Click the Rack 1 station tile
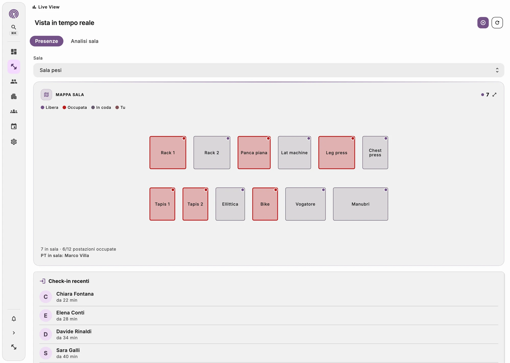tap(168, 152)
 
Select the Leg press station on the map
tap(337, 152)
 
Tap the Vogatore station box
tap(305, 204)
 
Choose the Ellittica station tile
tap(230, 204)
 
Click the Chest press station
tap(375, 152)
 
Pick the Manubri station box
tap(361, 204)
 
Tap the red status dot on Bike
tap(276, 190)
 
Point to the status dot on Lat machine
tap(309, 138)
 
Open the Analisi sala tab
tap(85, 41)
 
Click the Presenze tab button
tap(46, 41)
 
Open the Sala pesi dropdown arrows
tap(497, 70)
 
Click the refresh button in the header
tap(497, 23)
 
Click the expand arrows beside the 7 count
tap(494, 95)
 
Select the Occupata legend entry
tap(75, 107)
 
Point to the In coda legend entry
tap(101, 107)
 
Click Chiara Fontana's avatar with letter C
tap(46, 297)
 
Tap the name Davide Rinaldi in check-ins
tap(74, 331)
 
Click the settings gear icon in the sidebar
tap(14, 142)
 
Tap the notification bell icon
tap(14, 319)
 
